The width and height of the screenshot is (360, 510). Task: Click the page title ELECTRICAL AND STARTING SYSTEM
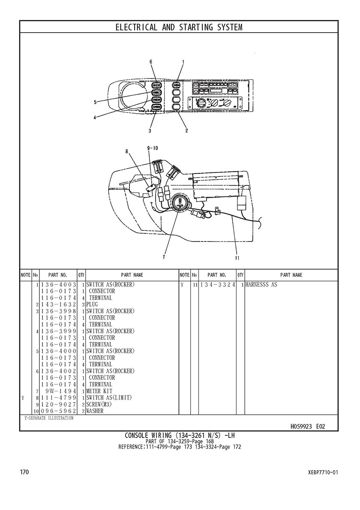pos(179,27)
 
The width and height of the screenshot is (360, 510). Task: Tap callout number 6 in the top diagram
pos(151,61)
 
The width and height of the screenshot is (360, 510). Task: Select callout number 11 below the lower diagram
pos(237,258)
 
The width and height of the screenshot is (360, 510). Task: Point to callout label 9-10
pos(153,148)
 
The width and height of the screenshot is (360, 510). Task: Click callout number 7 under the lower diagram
pos(164,257)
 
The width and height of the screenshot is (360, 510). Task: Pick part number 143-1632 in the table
pos(58,305)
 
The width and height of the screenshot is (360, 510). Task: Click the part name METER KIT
pos(99,391)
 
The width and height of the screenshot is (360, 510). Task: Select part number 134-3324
pos(217,285)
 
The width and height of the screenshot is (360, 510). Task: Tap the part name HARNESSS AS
pos(261,285)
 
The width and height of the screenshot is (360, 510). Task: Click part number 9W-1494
pos(61,391)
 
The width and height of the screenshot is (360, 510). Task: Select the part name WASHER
pos(95,411)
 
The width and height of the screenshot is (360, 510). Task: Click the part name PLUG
pos(92,305)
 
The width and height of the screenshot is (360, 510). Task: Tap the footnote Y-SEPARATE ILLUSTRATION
pos(49,418)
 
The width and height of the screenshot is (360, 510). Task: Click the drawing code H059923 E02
pos(307,426)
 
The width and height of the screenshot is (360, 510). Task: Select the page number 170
pos(25,472)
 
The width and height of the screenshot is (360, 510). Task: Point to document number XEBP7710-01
pos(322,472)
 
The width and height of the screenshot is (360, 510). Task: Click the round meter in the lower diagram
pos(179,203)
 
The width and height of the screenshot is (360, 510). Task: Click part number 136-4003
pos(58,285)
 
